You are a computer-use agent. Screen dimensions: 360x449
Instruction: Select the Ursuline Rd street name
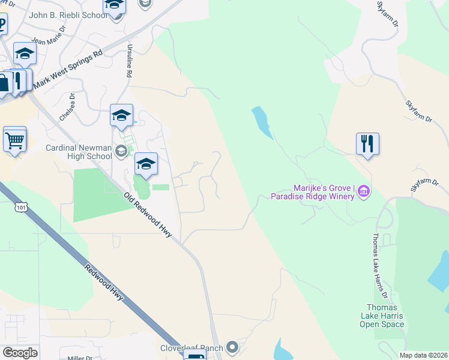128,60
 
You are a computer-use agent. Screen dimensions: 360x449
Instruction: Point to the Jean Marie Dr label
47,41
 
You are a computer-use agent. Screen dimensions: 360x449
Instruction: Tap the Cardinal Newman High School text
79,152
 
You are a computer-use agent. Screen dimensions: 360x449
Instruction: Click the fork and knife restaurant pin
367,144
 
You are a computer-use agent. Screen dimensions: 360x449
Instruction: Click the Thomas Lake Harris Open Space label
382,316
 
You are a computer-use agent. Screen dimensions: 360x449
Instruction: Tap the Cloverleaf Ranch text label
191,348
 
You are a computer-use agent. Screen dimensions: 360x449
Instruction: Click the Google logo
20,352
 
